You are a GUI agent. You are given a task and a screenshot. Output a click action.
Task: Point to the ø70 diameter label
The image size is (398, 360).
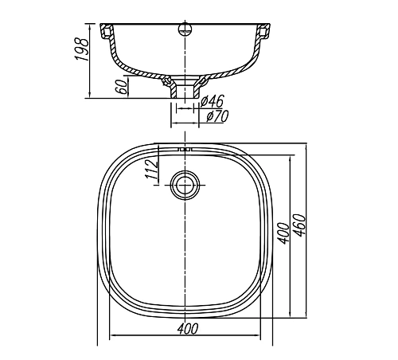tap(217, 117)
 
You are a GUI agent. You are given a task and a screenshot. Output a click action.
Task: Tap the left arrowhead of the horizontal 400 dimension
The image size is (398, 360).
tap(110, 335)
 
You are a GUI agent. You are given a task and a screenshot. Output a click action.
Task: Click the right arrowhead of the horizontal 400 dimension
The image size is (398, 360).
tap(263, 335)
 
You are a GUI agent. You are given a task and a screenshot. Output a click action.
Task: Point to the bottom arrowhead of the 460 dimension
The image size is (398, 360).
tap(306, 318)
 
